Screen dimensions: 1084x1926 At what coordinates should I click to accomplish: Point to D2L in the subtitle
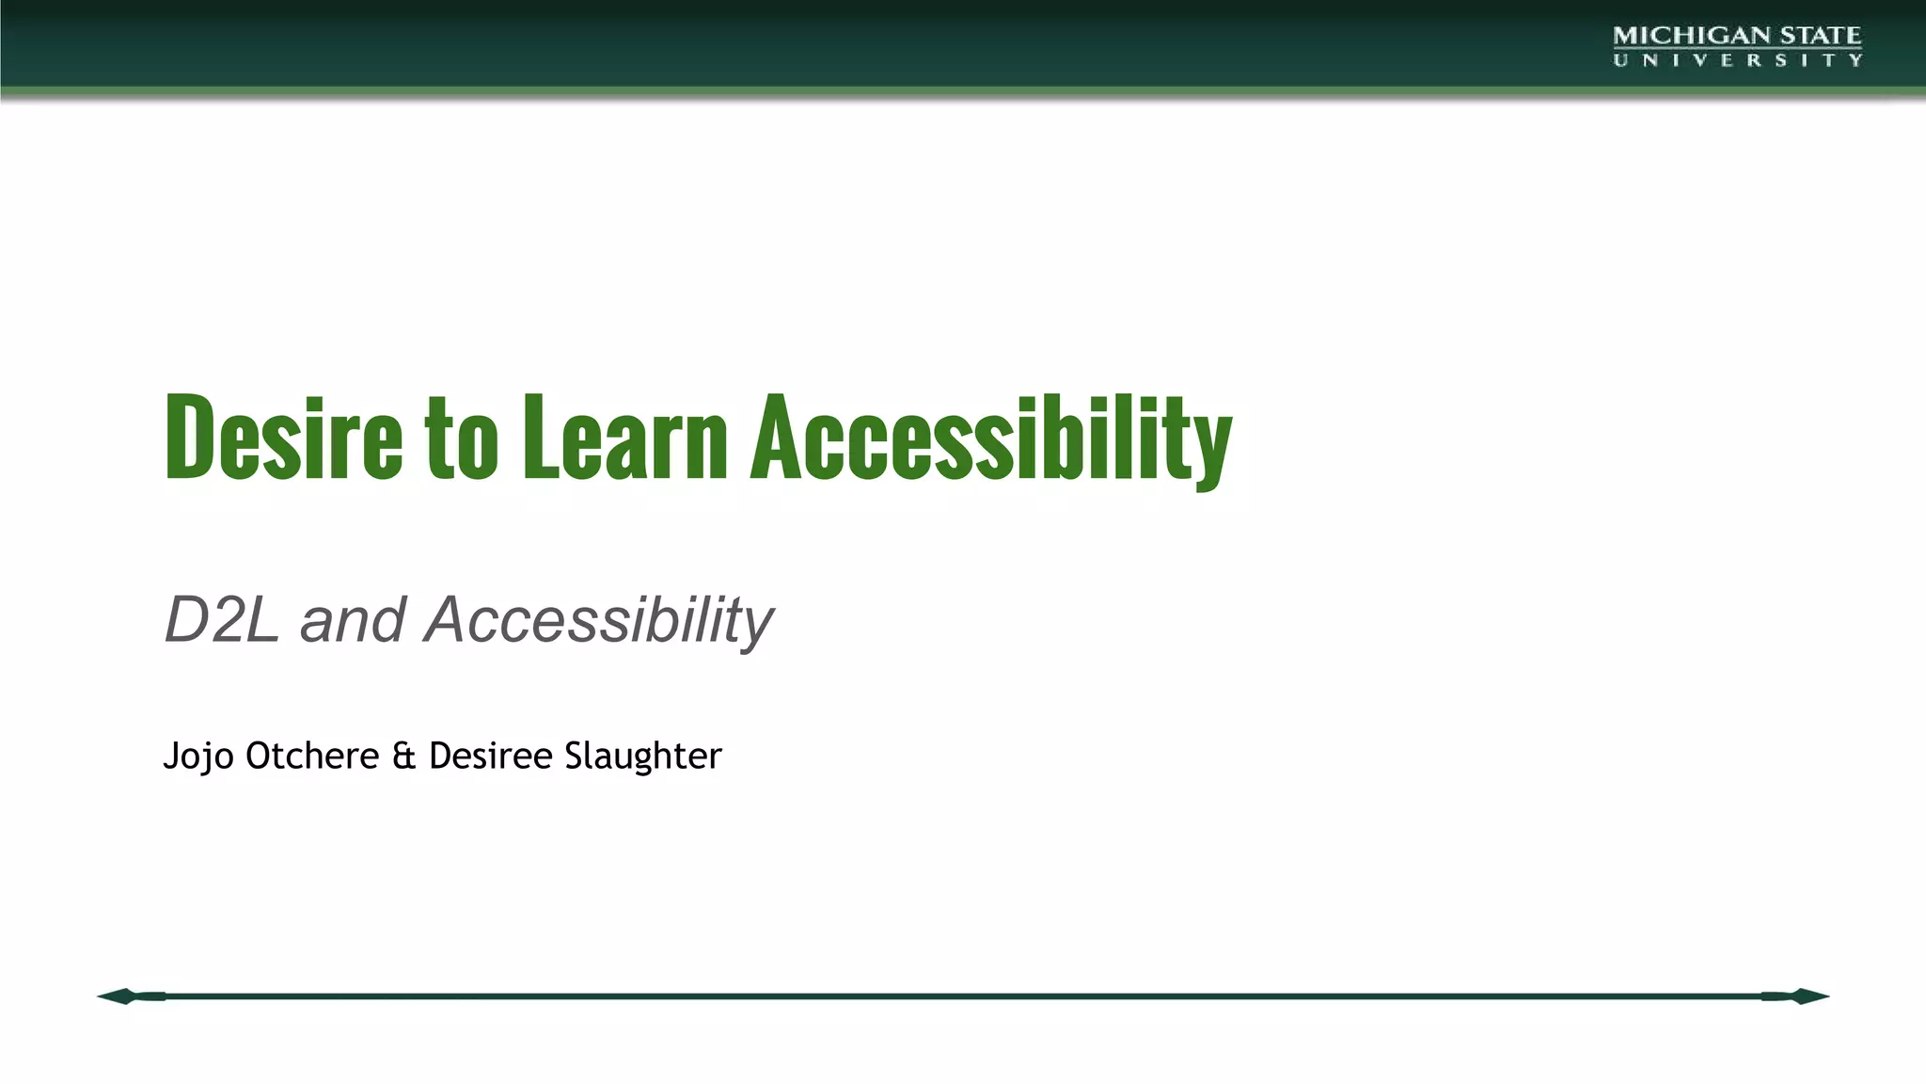click(221, 620)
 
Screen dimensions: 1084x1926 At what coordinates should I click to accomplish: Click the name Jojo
click(197, 757)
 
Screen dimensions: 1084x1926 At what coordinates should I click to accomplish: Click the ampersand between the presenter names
click(403, 757)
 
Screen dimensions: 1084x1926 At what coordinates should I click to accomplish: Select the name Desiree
click(490, 756)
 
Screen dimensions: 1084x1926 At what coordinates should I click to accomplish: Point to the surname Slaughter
click(642, 757)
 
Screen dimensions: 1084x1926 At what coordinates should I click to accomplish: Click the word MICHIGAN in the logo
click(1678, 36)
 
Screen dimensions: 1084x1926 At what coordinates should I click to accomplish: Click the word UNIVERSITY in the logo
click(1737, 60)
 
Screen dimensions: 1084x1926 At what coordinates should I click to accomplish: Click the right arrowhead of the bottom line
click(1808, 996)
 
